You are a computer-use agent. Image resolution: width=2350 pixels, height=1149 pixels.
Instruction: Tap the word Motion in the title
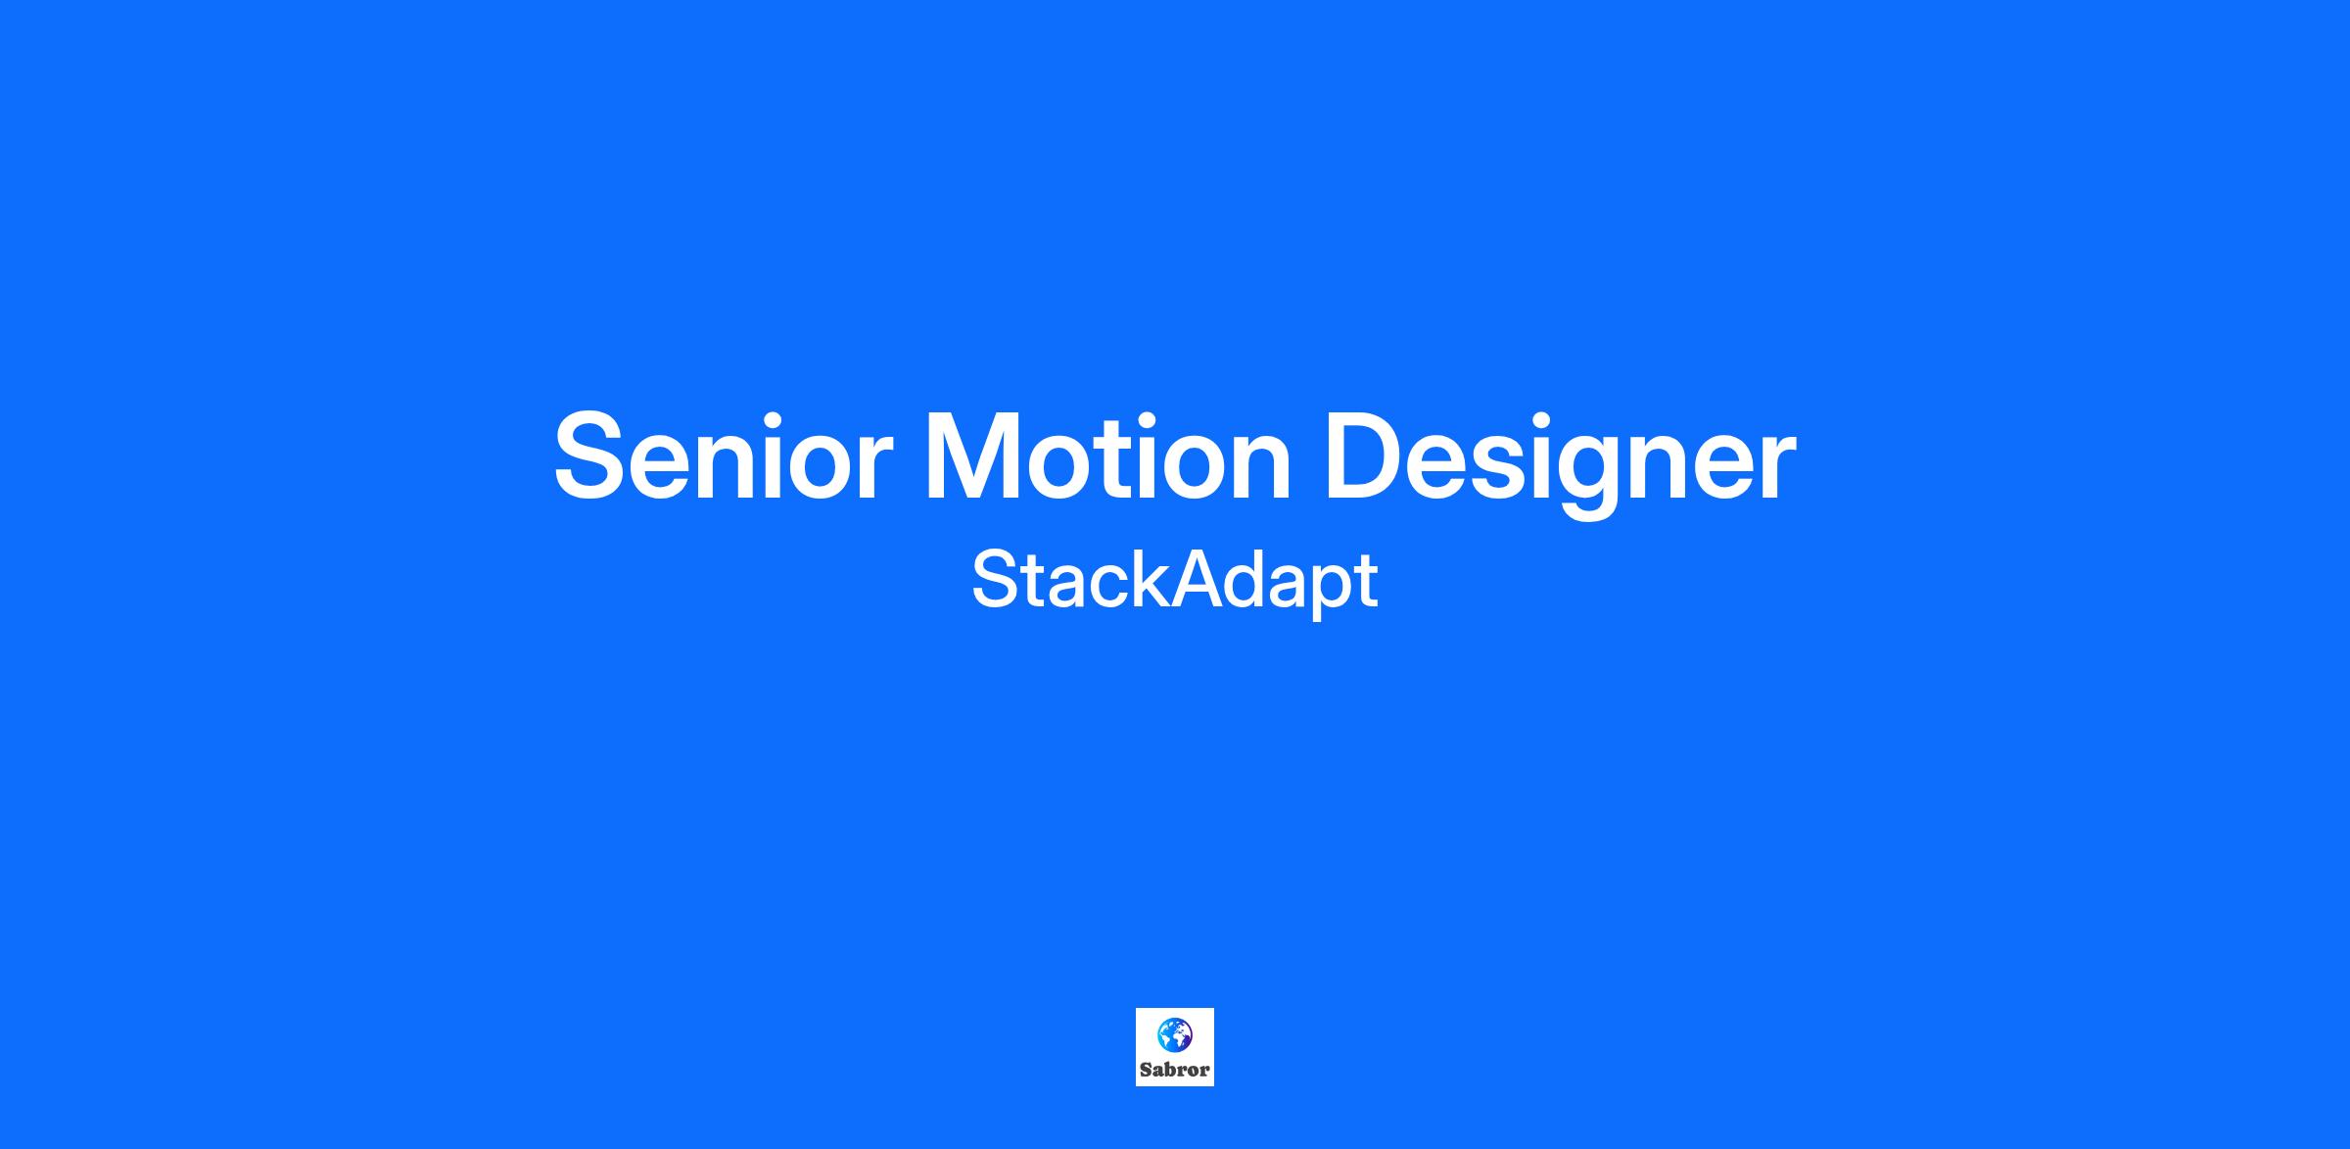1108,455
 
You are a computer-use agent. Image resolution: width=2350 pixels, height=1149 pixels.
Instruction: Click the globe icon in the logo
1174,1033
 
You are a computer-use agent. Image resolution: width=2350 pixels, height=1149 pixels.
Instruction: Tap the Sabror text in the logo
1175,1069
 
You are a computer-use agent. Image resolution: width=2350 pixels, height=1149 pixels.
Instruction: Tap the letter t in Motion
1133,460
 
